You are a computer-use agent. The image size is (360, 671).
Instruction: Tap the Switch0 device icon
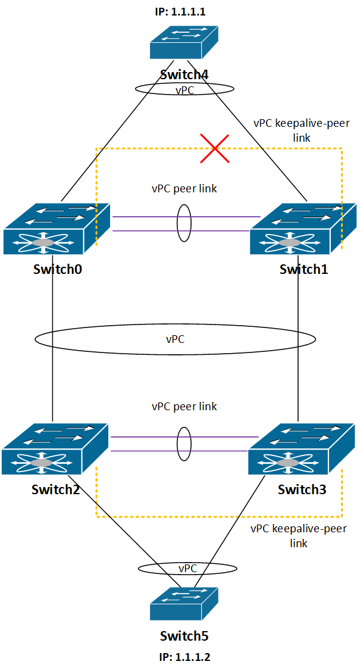[57, 229]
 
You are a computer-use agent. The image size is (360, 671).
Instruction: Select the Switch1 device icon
[303, 229]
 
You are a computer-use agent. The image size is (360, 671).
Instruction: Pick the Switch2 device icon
[55, 449]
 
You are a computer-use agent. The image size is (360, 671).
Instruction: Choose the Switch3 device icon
[302, 449]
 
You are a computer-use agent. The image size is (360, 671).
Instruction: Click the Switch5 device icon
[184, 604]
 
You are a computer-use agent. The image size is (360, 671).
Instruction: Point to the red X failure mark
[215, 148]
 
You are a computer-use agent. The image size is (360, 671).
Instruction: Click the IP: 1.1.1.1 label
[180, 11]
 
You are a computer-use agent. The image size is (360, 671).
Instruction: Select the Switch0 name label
[58, 269]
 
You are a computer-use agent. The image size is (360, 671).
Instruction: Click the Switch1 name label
[304, 269]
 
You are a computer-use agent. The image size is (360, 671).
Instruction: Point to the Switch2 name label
[55, 489]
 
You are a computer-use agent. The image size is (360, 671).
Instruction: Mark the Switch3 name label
[302, 489]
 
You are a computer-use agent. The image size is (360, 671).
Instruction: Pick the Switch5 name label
[184, 636]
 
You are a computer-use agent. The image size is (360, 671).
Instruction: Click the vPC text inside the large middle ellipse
[176, 339]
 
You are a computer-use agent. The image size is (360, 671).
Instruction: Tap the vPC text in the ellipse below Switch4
[184, 90]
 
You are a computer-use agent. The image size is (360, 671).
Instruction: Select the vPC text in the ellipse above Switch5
[187, 568]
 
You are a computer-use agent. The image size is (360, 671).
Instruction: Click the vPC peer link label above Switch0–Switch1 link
[184, 188]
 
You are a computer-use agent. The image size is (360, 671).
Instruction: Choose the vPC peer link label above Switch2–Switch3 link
[184, 406]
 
